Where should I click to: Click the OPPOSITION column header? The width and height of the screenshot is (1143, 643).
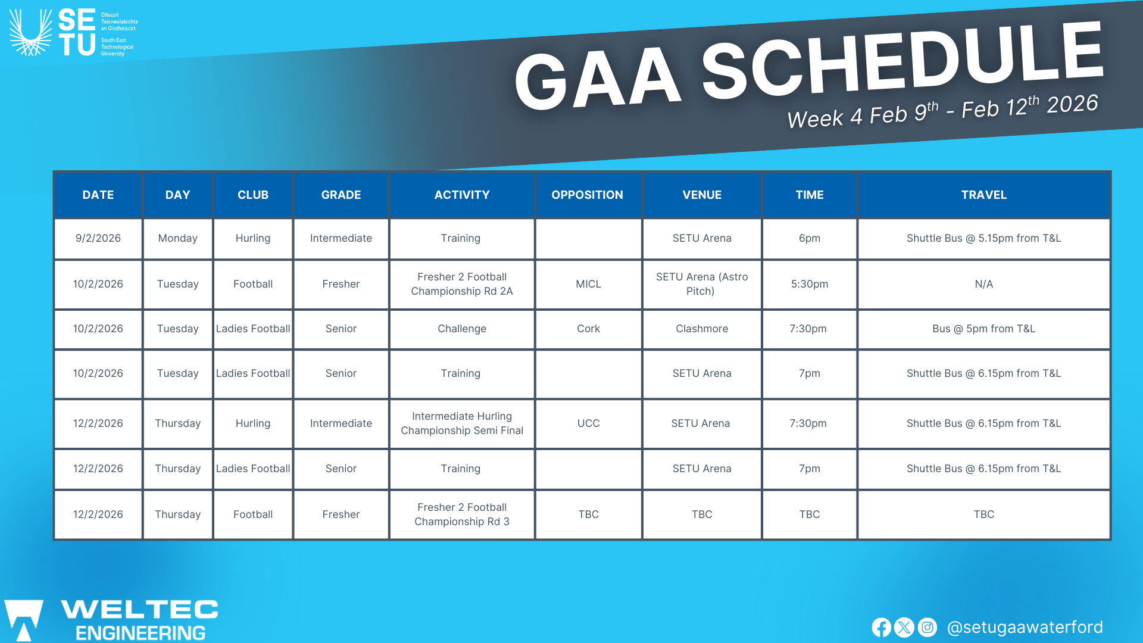pos(587,195)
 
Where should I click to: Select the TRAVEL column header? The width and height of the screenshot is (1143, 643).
pos(983,195)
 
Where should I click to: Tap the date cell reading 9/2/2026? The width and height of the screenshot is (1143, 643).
pos(98,238)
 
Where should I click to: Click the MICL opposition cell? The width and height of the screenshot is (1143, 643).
pos(588,284)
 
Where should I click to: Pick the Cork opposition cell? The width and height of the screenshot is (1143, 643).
pos(588,329)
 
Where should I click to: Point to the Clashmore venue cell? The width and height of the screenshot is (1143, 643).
pos(702,329)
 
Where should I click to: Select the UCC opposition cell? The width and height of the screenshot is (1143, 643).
pos(588,423)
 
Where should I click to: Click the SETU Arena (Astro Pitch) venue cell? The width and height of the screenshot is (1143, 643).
pos(702,284)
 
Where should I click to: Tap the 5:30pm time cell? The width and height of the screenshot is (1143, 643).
pos(810,284)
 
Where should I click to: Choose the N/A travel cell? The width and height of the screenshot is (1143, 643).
pos(983,284)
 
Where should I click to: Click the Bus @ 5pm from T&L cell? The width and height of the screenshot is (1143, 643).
pos(983,329)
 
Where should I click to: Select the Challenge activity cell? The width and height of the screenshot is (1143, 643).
pos(462,329)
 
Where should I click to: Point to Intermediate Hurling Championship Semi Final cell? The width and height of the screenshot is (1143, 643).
pos(462,423)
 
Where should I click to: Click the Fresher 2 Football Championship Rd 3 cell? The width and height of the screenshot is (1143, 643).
pos(462,514)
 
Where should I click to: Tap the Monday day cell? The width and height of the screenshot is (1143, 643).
pos(177,238)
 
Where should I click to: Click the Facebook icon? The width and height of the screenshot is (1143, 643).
pos(882,628)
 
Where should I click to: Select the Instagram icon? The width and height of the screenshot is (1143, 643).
pos(927,628)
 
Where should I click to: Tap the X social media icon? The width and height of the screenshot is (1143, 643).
pos(904,628)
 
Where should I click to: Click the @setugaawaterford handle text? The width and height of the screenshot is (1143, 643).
pos(1025,628)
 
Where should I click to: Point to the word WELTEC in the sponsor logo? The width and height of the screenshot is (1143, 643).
pos(140,609)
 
